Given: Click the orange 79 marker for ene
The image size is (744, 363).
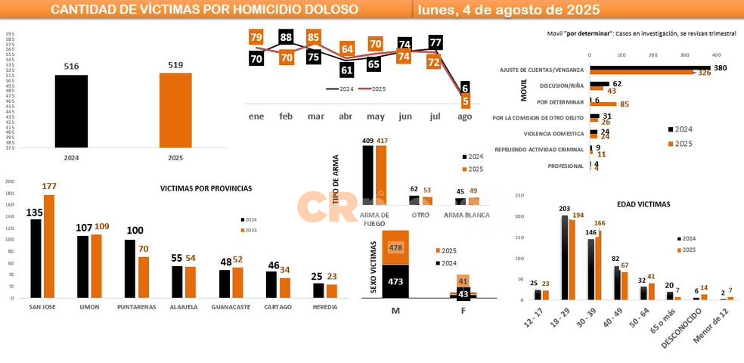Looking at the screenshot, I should tap(256, 37).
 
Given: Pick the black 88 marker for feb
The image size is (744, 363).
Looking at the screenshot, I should tap(286, 37).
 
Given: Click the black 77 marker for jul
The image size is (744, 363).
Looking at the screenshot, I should tap(435, 43).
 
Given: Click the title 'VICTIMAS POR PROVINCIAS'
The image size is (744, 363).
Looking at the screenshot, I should tap(206, 188).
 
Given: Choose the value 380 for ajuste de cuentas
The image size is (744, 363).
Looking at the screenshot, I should tap(721, 68).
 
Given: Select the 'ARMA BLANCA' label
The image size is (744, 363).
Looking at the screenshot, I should tap(467, 215).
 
